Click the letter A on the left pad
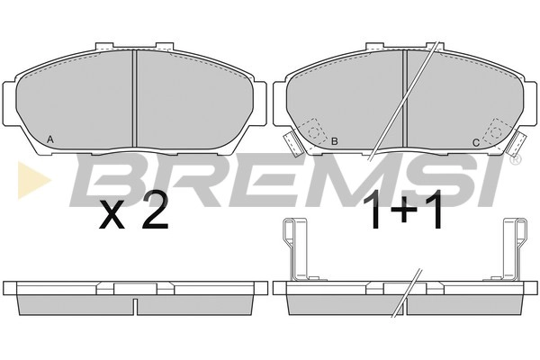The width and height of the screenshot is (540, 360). tap(49, 139)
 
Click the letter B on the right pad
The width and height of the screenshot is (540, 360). tap(334, 141)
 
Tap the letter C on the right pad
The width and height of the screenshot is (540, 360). tap(475, 142)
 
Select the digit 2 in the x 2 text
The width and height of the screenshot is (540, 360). tap(156, 211)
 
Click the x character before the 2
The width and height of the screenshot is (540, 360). tap(112, 215)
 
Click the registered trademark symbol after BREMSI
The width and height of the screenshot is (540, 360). tap(515, 158)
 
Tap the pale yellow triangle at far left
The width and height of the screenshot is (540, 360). tap(34, 180)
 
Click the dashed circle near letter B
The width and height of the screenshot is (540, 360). tap(314, 132)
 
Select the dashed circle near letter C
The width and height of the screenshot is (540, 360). tap(496, 131)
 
